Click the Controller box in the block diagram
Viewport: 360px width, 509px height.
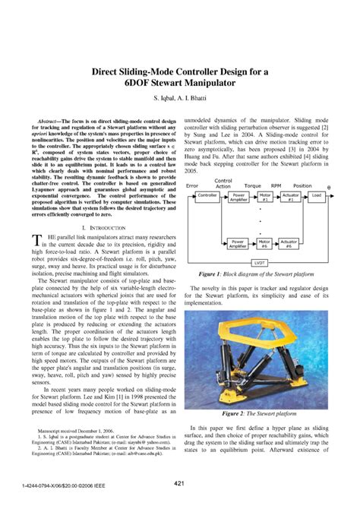tap(207, 195)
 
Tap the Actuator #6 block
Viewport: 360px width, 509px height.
tap(289, 243)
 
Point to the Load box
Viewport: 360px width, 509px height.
tap(316, 195)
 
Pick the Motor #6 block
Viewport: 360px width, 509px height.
tap(264, 243)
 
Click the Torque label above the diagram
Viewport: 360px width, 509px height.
tap(253, 185)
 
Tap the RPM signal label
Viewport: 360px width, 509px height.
tap(276, 185)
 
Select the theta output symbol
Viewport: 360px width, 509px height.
tap(328, 185)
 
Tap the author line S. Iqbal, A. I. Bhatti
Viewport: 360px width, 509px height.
tap(180, 100)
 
